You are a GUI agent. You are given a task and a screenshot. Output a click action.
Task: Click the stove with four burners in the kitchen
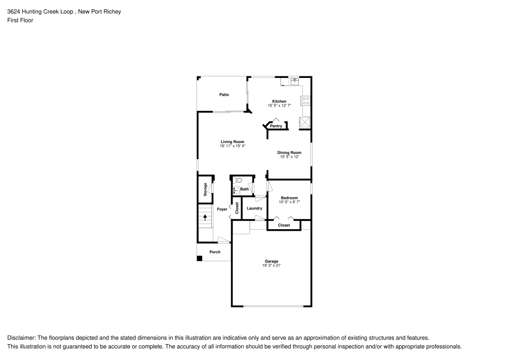306,100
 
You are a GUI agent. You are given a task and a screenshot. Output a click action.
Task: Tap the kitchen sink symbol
295,80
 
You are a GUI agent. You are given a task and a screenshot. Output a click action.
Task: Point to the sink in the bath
236,190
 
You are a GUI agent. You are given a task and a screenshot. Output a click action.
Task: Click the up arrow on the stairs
205,217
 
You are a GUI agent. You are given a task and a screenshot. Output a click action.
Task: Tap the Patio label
224,95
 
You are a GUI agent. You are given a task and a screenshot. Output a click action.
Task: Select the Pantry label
276,126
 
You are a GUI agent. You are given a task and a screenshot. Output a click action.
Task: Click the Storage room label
205,189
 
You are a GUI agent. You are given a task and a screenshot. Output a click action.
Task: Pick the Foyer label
222,209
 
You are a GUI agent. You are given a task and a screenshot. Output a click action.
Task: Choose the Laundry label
254,208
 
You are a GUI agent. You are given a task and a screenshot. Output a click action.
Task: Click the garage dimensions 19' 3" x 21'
271,265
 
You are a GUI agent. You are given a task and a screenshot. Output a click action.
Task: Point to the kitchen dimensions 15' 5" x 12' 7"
279,105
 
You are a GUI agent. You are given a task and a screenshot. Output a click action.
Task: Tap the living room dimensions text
233,146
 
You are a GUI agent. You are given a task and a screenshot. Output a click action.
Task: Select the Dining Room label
289,152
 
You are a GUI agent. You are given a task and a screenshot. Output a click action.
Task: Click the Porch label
215,252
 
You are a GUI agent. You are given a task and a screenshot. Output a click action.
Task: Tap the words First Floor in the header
20,20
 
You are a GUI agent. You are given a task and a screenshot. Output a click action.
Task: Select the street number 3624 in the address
14,12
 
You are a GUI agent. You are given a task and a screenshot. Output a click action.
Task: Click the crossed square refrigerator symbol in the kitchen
305,122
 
